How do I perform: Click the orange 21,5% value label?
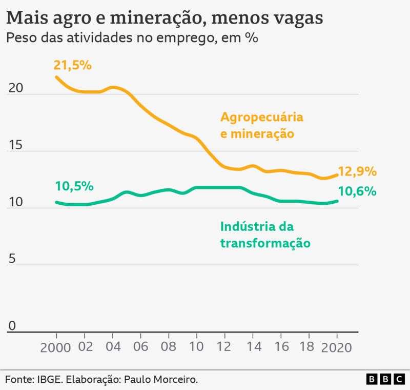tap(72, 65)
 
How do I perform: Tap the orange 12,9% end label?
tap(357, 171)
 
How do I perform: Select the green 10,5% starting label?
tap(74, 186)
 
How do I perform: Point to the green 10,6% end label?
tap(357, 191)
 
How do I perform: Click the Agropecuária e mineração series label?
tap(261, 125)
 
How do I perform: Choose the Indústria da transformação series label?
tap(265, 235)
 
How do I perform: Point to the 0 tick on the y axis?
tap(12, 325)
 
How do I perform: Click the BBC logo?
tap(385, 379)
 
